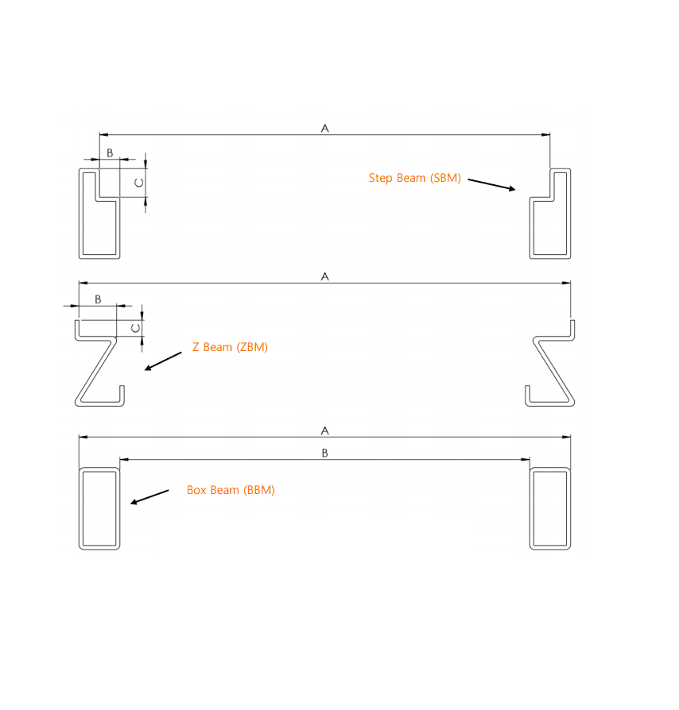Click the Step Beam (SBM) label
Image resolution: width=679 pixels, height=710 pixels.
[x=414, y=178]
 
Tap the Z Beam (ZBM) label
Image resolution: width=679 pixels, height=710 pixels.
[x=230, y=347]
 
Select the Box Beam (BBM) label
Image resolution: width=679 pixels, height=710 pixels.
[x=231, y=490]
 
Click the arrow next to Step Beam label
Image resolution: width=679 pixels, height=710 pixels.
[x=492, y=184]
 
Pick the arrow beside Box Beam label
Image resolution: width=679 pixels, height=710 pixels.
[x=149, y=496]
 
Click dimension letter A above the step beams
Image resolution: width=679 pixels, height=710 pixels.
[x=324, y=128]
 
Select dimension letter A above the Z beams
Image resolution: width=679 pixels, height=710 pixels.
[x=324, y=276]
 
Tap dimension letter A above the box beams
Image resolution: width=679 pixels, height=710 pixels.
[x=324, y=430]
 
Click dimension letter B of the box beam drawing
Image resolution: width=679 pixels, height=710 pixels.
[x=324, y=453]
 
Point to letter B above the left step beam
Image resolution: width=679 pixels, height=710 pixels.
[x=110, y=152]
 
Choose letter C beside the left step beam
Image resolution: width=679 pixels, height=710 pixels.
[x=138, y=183]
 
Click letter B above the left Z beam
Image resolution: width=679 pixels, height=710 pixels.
[x=98, y=299]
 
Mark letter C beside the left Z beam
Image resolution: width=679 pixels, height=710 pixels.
[x=135, y=327]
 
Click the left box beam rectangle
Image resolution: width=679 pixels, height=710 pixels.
[x=99, y=508]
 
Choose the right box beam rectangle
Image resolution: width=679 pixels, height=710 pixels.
[x=550, y=508]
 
